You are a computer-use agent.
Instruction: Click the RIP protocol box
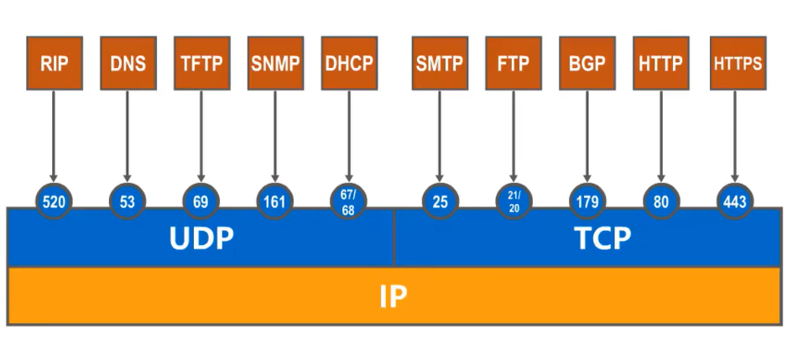tap(53, 63)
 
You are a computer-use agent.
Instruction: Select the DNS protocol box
tap(128, 63)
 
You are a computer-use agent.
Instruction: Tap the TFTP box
tap(201, 63)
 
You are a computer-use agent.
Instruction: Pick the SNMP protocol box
tap(275, 63)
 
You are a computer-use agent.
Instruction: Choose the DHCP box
tap(349, 63)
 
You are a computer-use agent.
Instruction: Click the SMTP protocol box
tap(440, 63)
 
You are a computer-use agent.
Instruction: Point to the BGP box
tap(587, 63)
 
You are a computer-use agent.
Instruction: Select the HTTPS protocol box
tap(738, 63)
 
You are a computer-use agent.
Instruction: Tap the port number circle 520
tap(53, 202)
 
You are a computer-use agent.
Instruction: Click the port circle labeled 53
tap(128, 202)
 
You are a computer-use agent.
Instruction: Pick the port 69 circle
tap(201, 202)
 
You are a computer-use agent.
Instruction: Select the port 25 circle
tap(440, 202)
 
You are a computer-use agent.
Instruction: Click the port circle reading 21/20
tap(513, 202)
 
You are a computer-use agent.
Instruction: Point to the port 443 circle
tap(735, 202)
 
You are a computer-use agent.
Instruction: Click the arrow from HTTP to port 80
tap(661, 134)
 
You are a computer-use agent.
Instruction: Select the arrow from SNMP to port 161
tap(275, 134)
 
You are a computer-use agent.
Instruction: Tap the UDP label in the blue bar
tap(201, 238)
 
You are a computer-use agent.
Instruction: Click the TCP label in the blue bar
tap(602, 238)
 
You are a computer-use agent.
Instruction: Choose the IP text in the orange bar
tap(393, 297)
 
